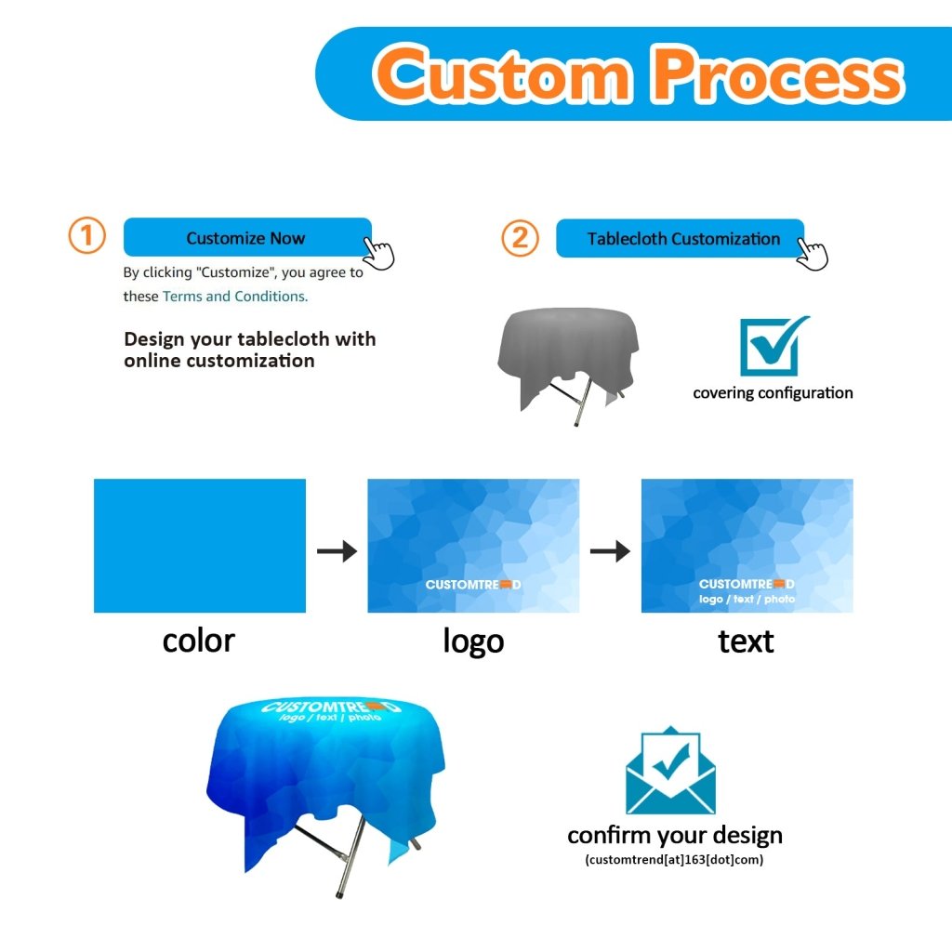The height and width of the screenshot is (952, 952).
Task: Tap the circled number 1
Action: (x=87, y=236)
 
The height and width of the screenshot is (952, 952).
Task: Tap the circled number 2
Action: (x=520, y=238)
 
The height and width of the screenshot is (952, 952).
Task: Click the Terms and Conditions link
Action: (x=234, y=297)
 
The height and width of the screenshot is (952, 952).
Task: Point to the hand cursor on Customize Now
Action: (x=378, y=252)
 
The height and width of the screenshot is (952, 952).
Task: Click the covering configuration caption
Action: (x=773, y=393)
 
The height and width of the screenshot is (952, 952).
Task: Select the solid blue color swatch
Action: (x=200, y=546)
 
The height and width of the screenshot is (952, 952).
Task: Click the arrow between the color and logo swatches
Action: (x=337, y=551)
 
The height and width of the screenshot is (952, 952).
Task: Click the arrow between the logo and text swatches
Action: (x=610, y=551)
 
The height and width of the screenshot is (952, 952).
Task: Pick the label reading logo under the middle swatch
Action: (x=473, y=641)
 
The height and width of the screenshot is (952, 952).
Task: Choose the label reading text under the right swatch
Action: (x=746, y=641)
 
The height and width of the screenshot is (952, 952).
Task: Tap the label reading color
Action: (x=198, y=641)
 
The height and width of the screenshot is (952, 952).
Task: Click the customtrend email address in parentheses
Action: (x=674, y=860)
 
